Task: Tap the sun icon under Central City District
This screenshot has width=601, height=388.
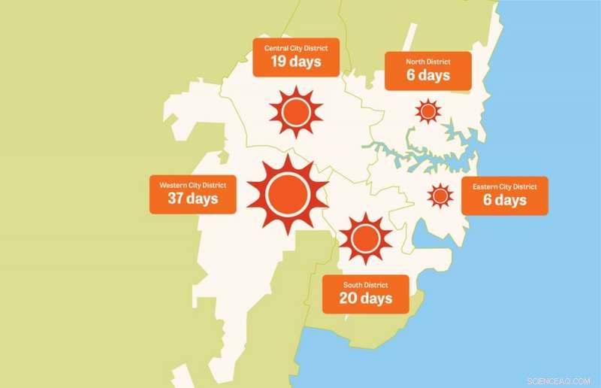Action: (295, 113)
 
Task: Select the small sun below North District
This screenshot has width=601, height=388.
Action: (427, 112)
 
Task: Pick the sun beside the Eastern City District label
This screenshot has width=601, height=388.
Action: (440, 196)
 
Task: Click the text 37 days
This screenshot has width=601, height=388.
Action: (192, 199)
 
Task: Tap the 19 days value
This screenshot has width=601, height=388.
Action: (295, 62)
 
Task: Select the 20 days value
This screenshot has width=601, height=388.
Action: (366, 299)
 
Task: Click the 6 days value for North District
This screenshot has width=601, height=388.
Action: (428, 76)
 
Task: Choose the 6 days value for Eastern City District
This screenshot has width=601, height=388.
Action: (504, 200)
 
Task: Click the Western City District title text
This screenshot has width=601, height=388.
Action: (192, 185)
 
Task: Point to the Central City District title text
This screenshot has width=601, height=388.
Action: (296, 48)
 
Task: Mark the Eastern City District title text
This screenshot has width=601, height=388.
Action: (504, 186)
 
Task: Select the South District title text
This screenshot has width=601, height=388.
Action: (366, 285)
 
